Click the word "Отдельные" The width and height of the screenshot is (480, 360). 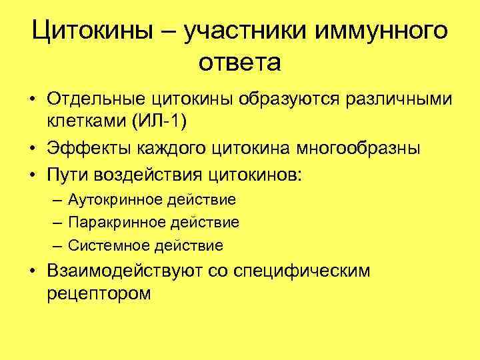coord(95,101)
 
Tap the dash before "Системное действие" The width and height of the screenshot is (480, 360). coord(54,245)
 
